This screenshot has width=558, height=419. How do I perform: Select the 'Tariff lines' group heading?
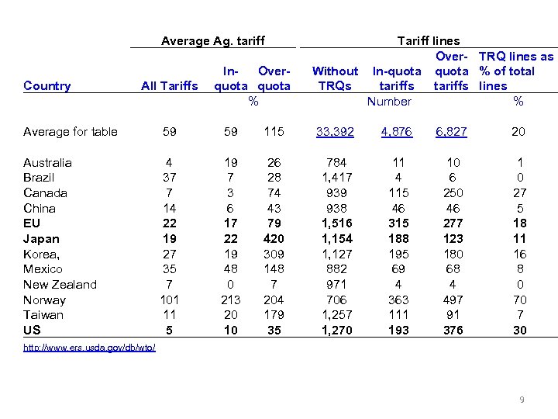click(428, 41)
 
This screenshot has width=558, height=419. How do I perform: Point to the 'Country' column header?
click(47, 86)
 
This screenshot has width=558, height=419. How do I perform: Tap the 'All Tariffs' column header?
click(169, 86)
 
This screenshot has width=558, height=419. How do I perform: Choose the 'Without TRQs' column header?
click(335, 78)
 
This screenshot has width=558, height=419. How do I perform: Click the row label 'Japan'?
click(41, 239)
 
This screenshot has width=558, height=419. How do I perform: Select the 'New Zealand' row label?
click(60, 285)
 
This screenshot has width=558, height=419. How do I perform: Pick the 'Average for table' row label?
click(71, 132)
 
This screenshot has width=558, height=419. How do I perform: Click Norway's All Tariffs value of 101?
click(169, 300)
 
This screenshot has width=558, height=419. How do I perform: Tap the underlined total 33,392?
click(335, 132)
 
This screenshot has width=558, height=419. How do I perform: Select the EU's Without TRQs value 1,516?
click(335, 223)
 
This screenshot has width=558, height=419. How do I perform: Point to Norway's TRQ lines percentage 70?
click(519, 300)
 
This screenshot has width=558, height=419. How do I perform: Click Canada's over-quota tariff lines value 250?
click(453, 193)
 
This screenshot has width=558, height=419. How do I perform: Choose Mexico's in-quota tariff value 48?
click(230, 269)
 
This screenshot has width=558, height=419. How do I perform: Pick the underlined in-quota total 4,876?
click(397, 132)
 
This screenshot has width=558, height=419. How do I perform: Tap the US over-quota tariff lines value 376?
click(453, 330)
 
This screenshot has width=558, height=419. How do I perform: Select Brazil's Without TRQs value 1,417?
click(335, 178)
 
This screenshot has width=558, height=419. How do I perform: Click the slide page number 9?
click(522, 400)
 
